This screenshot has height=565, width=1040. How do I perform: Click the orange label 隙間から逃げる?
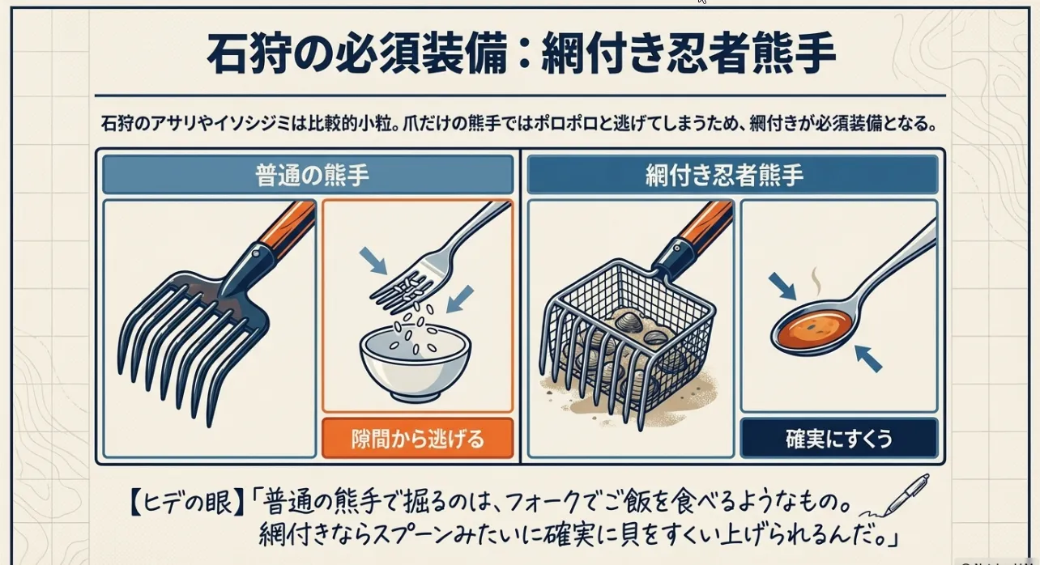[x=417, y=438]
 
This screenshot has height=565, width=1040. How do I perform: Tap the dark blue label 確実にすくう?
[x=839, y=438]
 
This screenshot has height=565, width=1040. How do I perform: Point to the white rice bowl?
[x=416, y=365]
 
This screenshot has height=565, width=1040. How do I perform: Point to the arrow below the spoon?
[x=867, y=358]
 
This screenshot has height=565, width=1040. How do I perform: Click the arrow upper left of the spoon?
[x=782, y=286]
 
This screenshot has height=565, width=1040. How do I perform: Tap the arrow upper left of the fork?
[x=373, y=261]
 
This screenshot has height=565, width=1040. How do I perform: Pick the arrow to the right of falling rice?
[x=459, y=299]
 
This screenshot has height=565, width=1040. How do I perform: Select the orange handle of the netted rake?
[x=705, y=226]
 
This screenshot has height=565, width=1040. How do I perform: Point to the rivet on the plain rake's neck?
[x=255, y=253]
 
